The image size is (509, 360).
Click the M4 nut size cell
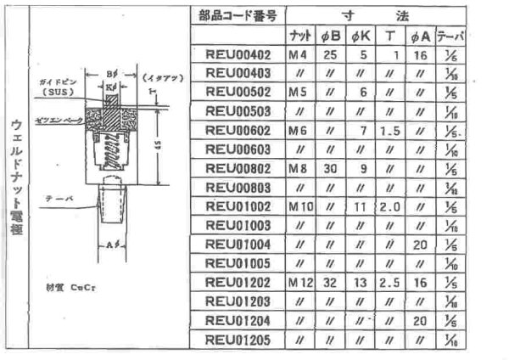[298, 55]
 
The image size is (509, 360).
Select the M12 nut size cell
[298, 281]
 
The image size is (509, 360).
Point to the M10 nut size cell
[298, 206]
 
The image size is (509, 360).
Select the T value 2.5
[389, 281]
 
